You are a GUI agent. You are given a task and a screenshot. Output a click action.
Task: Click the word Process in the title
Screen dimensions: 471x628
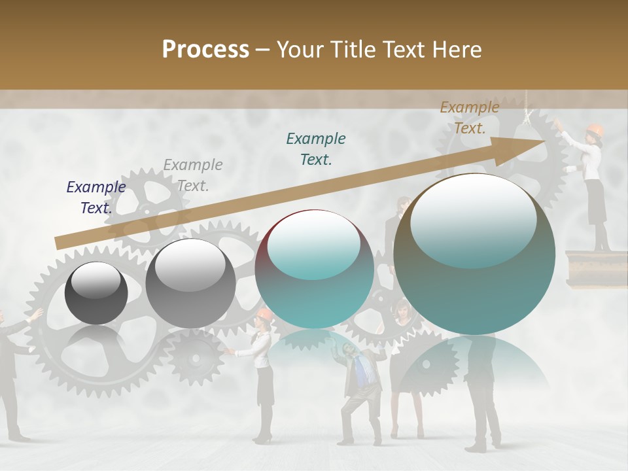click(x=205, y=49)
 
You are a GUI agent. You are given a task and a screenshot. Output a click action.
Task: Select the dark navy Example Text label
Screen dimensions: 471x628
click(x=96, y=197)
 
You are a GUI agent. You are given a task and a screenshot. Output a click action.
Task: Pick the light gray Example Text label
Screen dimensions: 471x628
click(x=193, y=175)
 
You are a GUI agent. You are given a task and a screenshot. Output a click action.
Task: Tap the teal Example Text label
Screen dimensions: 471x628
click(x=316, y=148)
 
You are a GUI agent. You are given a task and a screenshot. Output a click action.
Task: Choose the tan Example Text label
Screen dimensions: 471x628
click(x=470, y=117)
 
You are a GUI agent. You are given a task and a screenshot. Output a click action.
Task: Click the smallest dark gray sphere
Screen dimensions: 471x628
click(x=96, y=292)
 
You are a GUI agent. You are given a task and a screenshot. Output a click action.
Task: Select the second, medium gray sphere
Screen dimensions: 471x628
click(x=190, y=283)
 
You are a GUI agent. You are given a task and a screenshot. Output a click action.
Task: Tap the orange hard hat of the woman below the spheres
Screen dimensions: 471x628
click(x=264, y=315)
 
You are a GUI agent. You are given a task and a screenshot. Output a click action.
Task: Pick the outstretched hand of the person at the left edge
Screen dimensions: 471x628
click(x=36, y=315)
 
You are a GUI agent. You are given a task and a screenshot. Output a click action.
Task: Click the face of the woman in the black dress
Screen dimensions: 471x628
click(x=400, y=308)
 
